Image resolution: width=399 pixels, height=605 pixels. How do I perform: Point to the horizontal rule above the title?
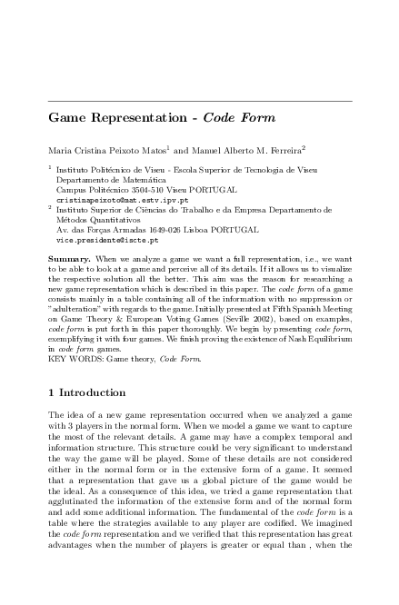[x=199, y=100]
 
